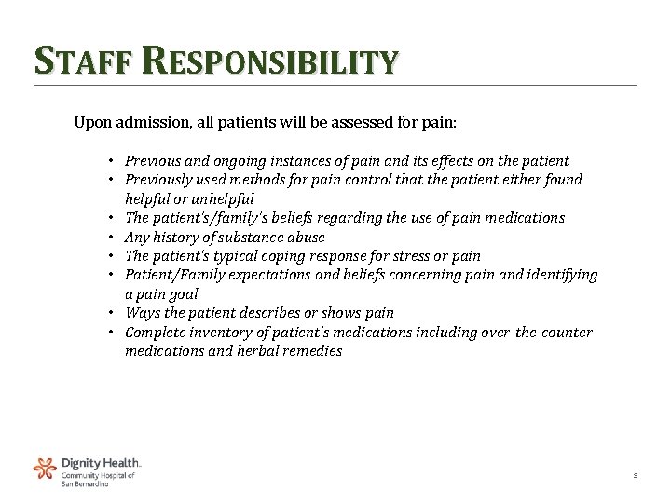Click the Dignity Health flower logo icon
click(44, 468)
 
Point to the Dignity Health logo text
click(102, 462)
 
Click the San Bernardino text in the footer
click(85, 483)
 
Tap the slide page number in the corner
click(634, 475)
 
